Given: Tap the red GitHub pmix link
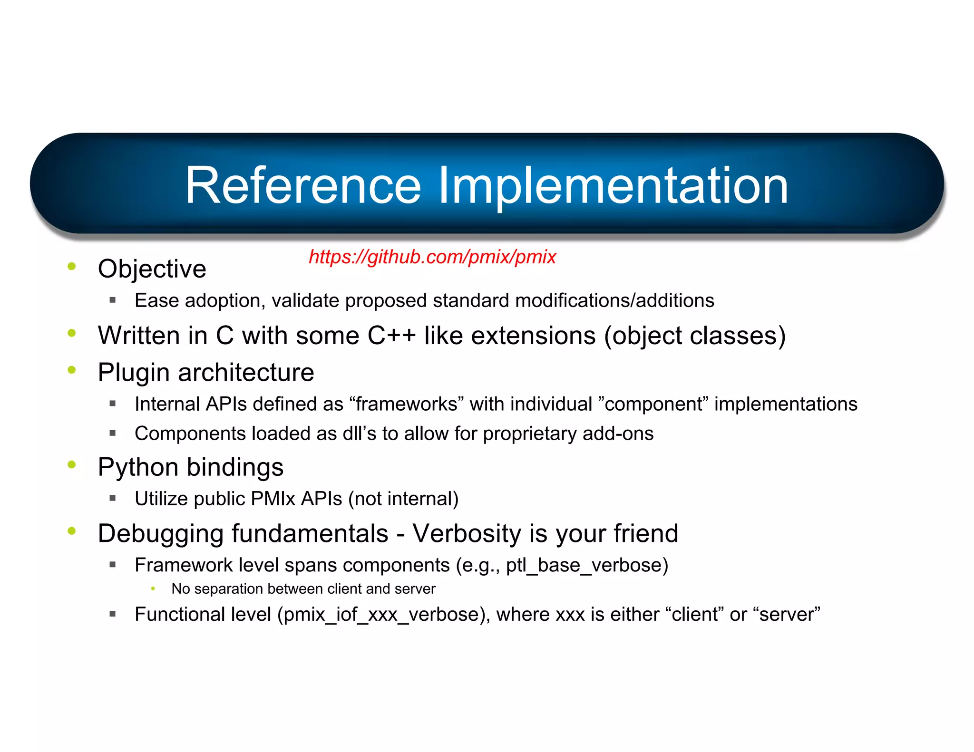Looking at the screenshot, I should (x=432, y=257).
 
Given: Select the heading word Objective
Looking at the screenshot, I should (x=152, y=269).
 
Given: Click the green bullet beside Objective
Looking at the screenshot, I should (x=72, y=266).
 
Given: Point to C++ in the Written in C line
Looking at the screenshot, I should (x=391, y=336).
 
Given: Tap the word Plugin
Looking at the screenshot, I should (x=133, y=373).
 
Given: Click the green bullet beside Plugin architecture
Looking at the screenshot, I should (x=72, y=370).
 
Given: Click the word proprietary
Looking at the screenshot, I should (x=530, y=434).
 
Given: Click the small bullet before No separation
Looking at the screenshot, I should (x=153, y=588).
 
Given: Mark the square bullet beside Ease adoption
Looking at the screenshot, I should (x=113, y=300).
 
